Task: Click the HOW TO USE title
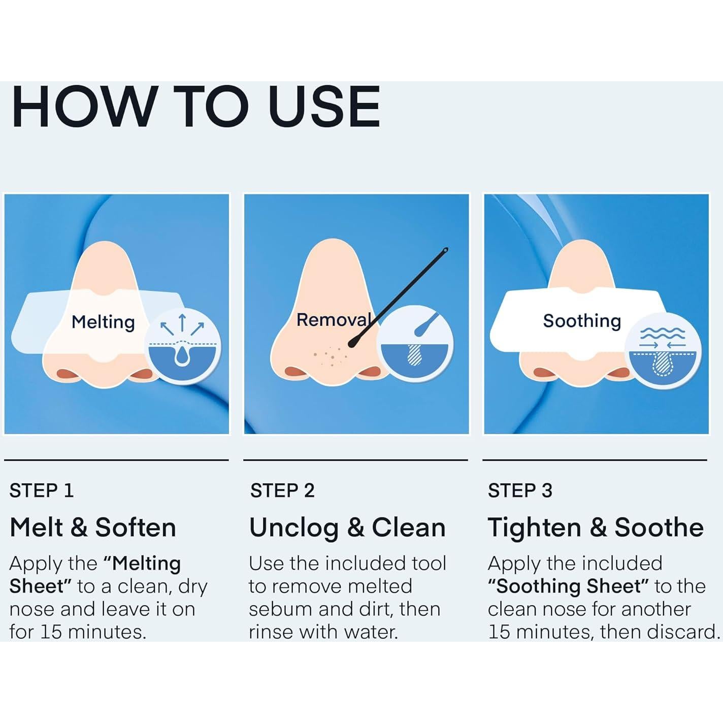(x=196, y=107)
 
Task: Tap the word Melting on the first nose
(x=103, y=322)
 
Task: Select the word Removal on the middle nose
(x=334, y=320)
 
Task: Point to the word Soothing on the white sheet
(x=582, y=321)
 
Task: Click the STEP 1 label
(x=41, y=491)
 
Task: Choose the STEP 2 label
(x=282, y=491)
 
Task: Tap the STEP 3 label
(x=520, y=491)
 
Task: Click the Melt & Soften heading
(x=93, y=528)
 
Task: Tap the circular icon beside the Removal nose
(x=415, y=344)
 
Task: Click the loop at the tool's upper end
(x=445, y=250)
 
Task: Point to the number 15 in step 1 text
(x=51, y=632)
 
